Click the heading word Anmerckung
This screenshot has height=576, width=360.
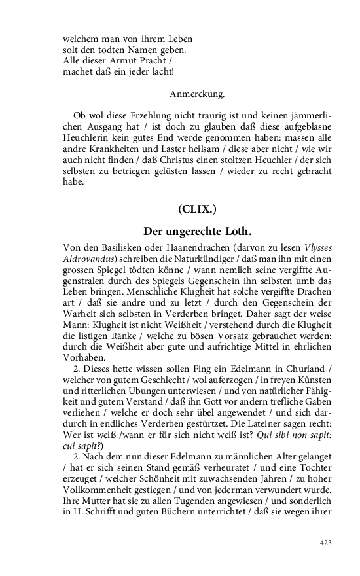tap(197, 94)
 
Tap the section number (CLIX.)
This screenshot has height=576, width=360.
tap(197, 209)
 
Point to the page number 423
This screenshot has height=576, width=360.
tap(326, 543)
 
